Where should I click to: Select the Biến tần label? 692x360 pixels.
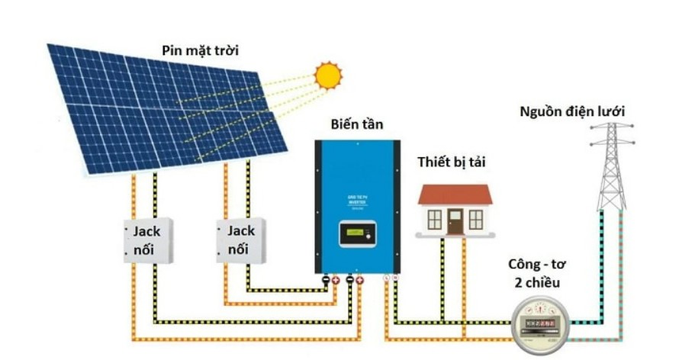pos(357,124)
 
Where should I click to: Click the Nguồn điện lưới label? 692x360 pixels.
pos(572,112)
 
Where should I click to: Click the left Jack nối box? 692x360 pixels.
pos(149,240)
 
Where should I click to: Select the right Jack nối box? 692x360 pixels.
pos(241,240)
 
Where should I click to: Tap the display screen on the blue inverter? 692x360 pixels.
pos(358,233)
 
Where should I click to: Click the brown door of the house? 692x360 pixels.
pos(455,221)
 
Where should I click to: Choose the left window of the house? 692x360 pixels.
pos(435,220)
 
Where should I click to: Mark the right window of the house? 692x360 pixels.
pos(475,220)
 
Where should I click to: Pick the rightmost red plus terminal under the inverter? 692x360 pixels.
pos(359,281)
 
